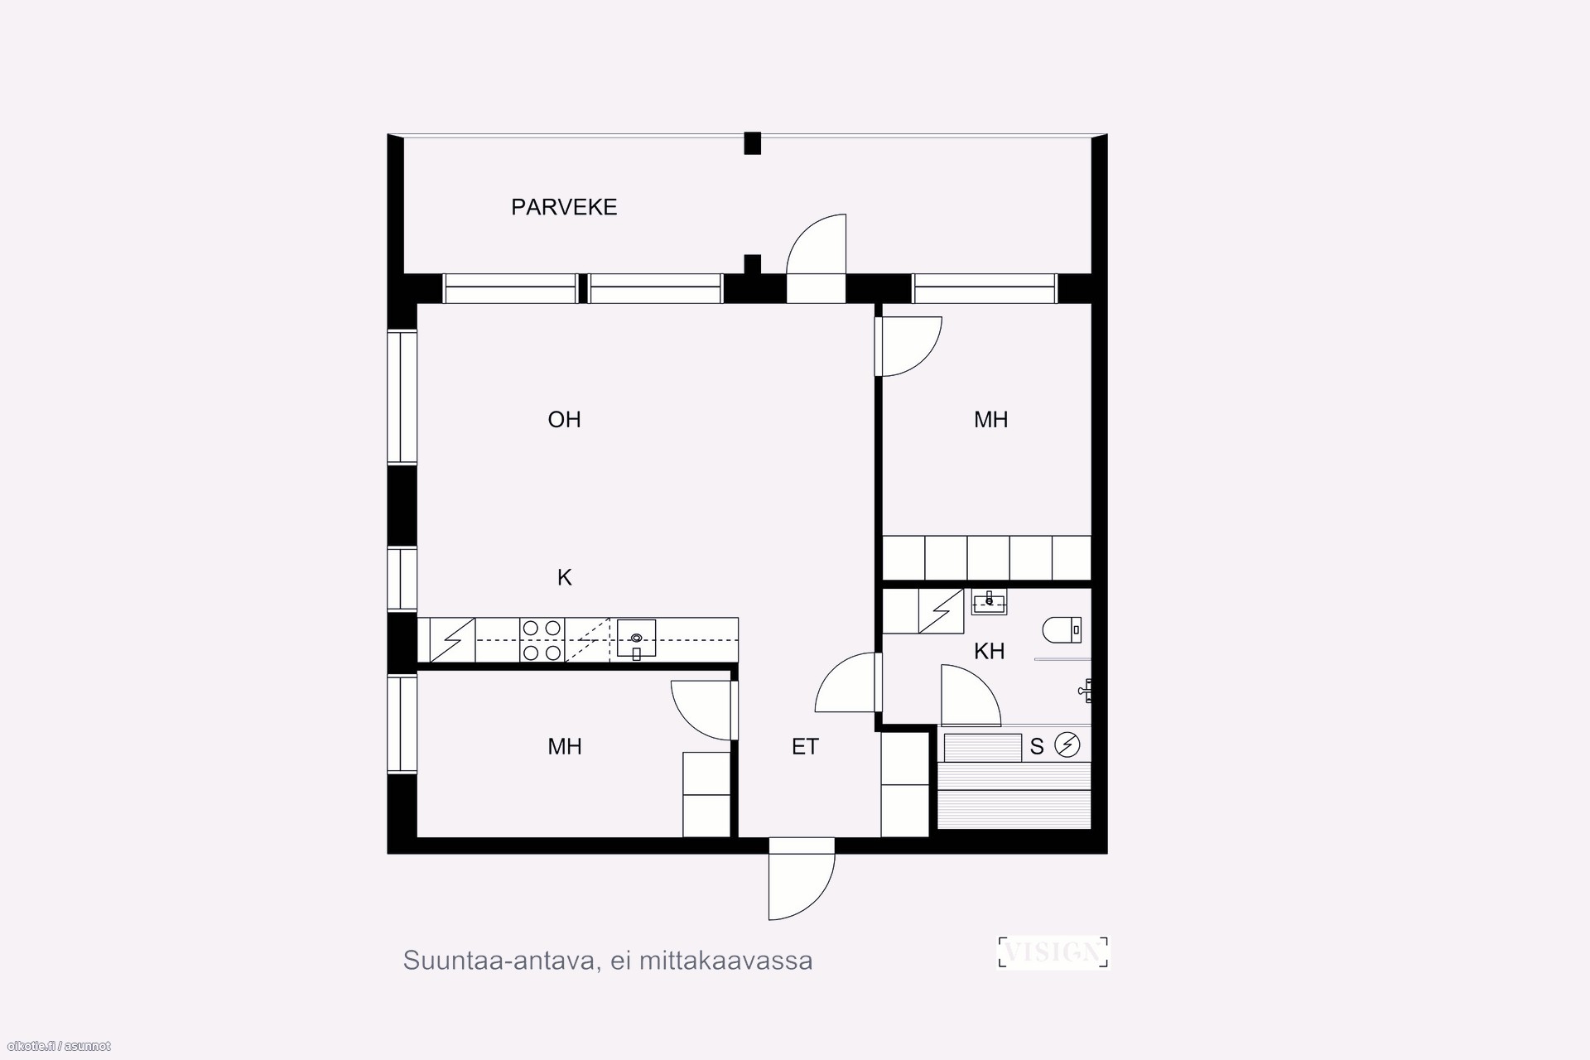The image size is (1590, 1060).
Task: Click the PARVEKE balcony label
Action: tap(564, 207)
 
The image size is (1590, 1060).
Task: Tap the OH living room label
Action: tap(564, 420)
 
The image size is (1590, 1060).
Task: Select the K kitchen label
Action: tap(564, 577)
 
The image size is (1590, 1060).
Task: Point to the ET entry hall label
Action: tap(805, 747)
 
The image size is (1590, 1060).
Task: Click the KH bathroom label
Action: tap(989, 652)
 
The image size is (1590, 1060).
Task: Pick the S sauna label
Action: tap(1037, 748)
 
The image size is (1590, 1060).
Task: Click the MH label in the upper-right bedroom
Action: tap(990, 420)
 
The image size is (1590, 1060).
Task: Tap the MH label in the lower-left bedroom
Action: tap(564, 747)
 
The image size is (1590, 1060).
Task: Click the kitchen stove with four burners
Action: tap(542, 640)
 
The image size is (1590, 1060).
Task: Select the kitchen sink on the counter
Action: tap(636, 638)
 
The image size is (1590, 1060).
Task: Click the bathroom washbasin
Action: tap(989, 602)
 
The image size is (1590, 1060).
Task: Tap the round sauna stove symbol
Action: tap(1067, 745)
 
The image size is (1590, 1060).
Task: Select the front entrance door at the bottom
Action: tap(802, 886)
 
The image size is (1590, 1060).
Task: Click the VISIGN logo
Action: tap(1053, 952)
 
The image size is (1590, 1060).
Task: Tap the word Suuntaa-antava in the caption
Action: tap(498, 961)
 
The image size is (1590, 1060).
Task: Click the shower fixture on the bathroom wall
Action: tap(1086, 689)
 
